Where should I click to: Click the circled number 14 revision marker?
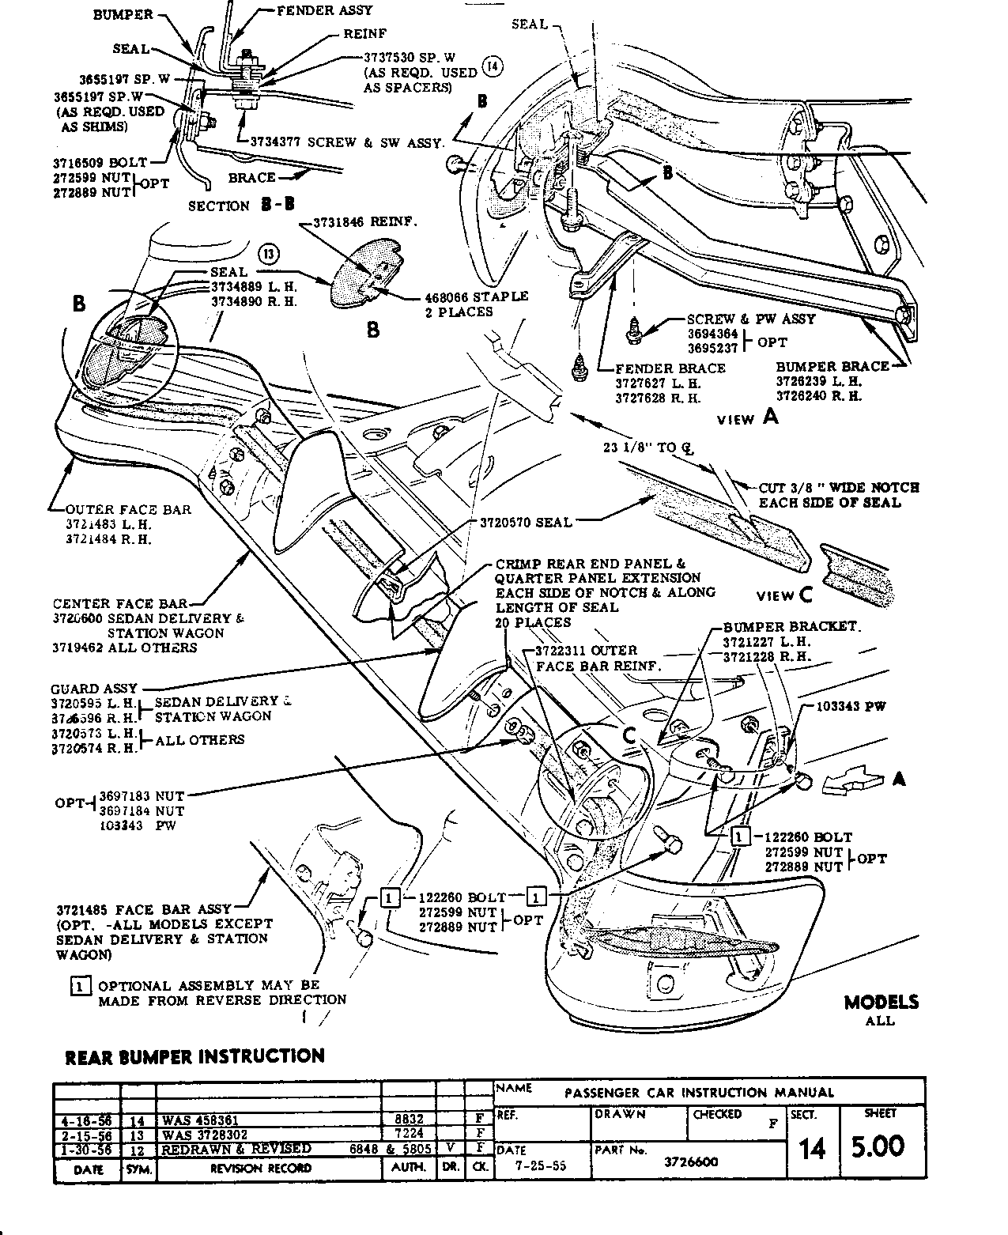(492, 66)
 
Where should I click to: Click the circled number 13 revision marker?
(269, 254)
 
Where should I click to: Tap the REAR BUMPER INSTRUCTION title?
(194, 1056)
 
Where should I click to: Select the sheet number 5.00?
(878, 1146)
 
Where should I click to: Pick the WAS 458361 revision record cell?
(200, 1120)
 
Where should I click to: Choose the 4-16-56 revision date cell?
(86, 1120)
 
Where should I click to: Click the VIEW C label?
(784, 595)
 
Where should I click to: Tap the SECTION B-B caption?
(241, 206)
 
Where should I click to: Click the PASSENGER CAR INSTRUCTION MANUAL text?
(699, 1093)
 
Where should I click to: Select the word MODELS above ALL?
(881, 1003)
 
